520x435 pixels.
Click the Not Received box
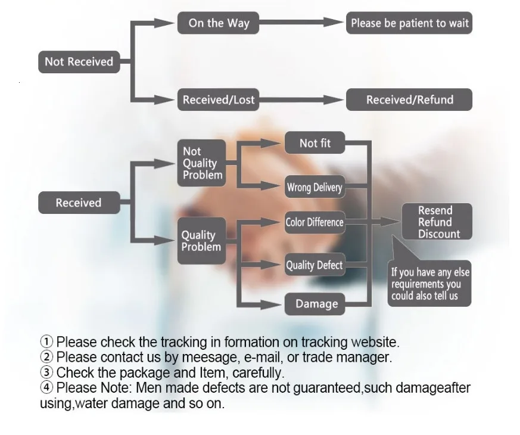click(x=79, y=61)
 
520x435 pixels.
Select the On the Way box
click(x=219, y=23)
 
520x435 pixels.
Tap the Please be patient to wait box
click(x=409, y=23)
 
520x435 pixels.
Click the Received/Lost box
click(x=219, y=100)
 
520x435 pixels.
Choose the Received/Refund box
click(x=409, y=100)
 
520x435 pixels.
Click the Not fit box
click(x=315, y=143)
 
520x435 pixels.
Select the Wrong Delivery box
click(x=315, y=188)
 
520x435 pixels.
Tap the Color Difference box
click(x=315, y=222)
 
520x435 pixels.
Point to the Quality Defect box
click(x=315, y=265)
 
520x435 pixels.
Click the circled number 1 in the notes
click(x=46, y=342)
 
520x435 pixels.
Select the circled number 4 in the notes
click(x=46, y=388)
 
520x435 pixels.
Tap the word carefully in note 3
click(x=257, y=373)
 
